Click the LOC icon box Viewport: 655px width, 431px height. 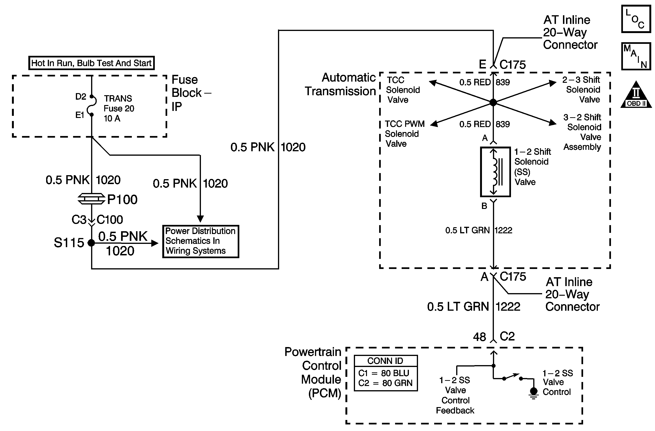pos(636,19)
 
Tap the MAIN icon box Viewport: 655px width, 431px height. pos(636,56)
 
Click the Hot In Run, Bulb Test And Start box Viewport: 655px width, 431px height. pos(91,63)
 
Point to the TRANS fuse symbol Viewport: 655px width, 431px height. pos(92,106)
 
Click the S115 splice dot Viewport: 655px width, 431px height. pos(91,243)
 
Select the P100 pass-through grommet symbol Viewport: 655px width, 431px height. pos(91,199)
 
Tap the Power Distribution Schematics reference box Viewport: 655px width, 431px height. pos(201,241)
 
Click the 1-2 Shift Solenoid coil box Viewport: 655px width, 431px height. pos(495,172)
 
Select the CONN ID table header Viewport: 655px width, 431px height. pos(385,361)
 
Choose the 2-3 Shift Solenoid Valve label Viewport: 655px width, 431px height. pos(582,90)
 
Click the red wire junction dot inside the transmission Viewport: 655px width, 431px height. pos(493,102)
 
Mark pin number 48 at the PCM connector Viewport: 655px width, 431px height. pos(479,337)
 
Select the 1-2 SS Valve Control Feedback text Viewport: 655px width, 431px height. pos(455,395)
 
